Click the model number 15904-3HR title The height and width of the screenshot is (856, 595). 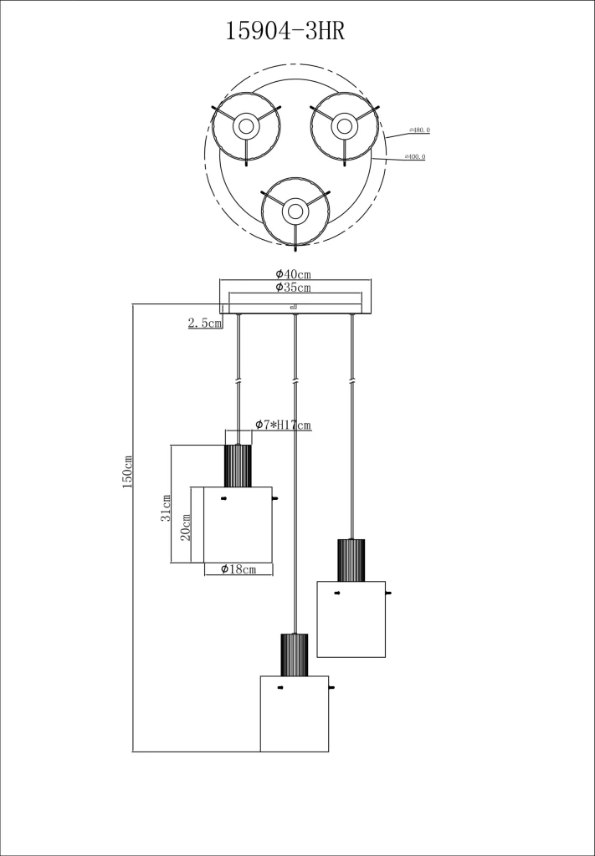(285, 32)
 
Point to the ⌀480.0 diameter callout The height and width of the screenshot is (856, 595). (418, 130)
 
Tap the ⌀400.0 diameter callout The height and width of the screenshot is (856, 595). (414, 156)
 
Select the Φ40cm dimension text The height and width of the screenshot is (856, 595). (293, 274)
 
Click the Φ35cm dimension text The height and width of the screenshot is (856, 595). (293, 288)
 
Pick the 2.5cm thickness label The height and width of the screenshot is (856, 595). (205, 323)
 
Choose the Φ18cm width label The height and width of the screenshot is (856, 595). (238, 569)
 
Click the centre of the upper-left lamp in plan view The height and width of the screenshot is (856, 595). (246, 127)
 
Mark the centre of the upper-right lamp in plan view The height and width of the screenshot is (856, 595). (343, 127)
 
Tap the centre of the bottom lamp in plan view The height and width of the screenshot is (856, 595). (294, 211)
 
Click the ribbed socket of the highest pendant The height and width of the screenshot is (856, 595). (238, 466)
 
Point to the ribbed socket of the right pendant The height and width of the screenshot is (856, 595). (351, 560)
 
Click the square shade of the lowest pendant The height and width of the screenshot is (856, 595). (294, 713)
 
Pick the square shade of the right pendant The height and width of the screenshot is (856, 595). (351, 619)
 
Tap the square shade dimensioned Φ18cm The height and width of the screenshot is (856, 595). (238, 524)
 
